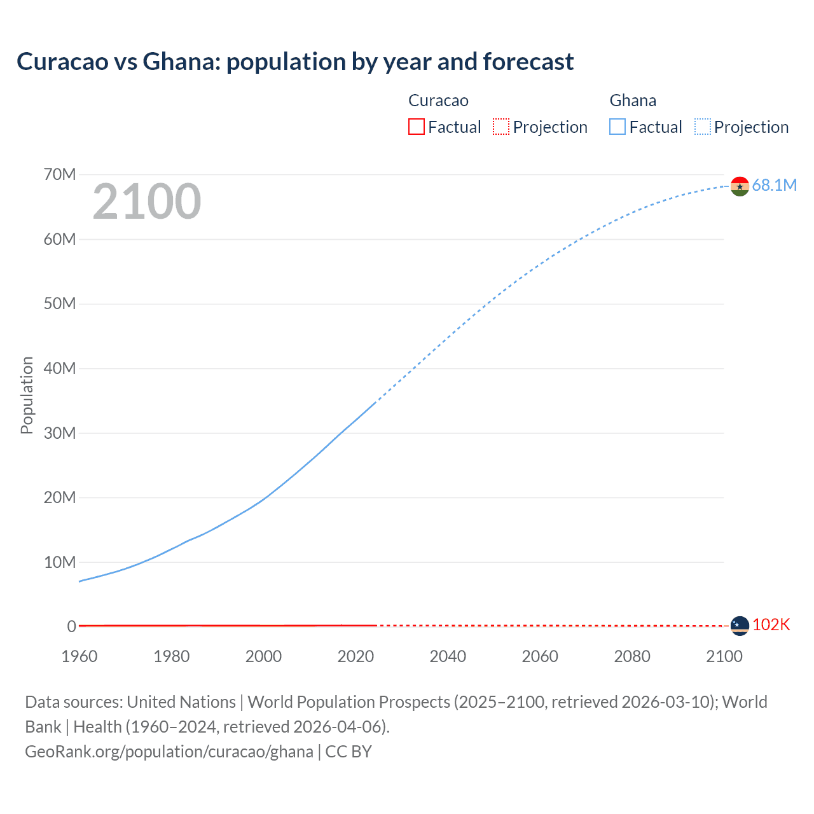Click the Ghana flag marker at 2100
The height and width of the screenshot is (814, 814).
pyautogui.click(x=740, y=186)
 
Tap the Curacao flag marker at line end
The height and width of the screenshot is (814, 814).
pyautogui.click(x=740, y=626)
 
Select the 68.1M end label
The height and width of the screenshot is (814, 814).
pyautogui.click(x=774, y=185)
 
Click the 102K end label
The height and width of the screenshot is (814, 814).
pyautogui.click(x=771, y=625)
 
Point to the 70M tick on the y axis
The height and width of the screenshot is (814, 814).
pyautogui.click(x=60, y=174)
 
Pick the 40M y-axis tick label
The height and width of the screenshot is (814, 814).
pyautogui.click(x=60, y=368)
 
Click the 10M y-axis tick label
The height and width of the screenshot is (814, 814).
pyautogui.click(x=60, y=562)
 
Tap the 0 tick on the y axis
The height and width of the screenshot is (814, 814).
pyautogui.click(x=71, y=626)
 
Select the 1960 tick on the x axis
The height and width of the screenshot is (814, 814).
pyautogui.click(x=79, y=656)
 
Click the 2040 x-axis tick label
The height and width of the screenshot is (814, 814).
pyautogui.click(x=448, y=656)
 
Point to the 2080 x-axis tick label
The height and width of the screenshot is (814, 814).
pyautogui.click(x=632, y=656)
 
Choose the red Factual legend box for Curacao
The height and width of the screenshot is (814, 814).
pyautogui.click(x=416, y=127)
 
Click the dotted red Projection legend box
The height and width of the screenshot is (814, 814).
pyautogui.click(x=501, y=127)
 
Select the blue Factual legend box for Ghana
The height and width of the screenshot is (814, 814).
pyautogui.click(x=617, y=127)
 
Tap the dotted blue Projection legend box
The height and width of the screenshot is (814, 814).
pyautogui.click(x=703, y=127)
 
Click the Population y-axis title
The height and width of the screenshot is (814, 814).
pyautogui.click(x=27, y=395)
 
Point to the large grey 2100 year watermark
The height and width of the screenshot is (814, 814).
pyautogui.click(x=147, y=202)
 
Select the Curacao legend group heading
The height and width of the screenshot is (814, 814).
pyautogui.click(x=438, y=100)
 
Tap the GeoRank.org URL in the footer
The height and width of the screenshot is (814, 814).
pyautogui.click(x=169, y=752)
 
